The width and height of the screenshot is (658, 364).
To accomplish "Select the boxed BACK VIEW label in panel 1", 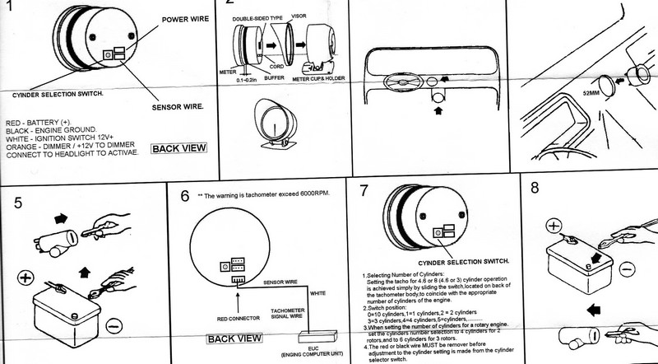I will pos(180,148).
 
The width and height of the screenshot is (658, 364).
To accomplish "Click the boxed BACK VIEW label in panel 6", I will pos(234,338).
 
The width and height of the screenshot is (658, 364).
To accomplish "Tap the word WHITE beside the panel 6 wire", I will pos(316,292).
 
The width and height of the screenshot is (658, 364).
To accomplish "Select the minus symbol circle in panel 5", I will pos(113,327).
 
